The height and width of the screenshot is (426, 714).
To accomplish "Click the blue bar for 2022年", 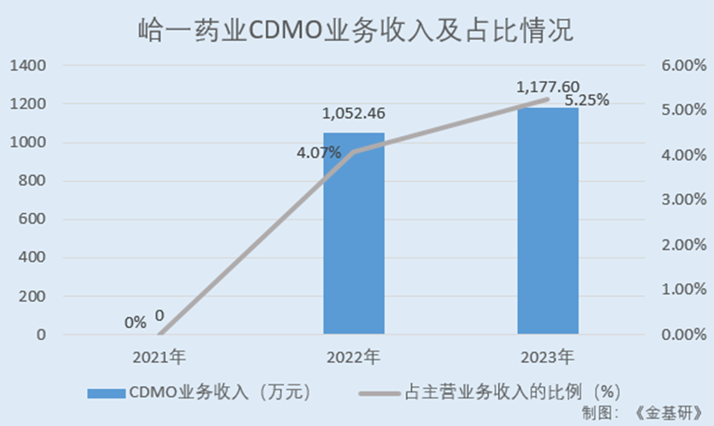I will (354, 234).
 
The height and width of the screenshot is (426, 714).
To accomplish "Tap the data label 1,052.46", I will (354, 114).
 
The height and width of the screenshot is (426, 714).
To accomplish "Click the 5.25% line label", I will (587, 100).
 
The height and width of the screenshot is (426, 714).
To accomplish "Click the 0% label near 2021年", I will (135, 323).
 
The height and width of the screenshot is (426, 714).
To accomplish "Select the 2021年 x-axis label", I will (159, 354).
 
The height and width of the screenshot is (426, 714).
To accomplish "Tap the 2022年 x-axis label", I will (354, 354).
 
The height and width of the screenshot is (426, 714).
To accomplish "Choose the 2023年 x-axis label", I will (548, 354).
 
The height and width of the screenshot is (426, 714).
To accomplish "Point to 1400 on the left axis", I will (29, 66).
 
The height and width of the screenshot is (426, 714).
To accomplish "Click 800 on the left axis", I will (33, 181).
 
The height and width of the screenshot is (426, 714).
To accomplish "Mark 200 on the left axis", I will (33, 296).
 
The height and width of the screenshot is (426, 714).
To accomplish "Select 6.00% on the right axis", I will (682, 66).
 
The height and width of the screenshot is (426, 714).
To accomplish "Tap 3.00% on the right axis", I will (682, 200).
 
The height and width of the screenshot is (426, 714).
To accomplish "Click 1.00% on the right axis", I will (682, 289).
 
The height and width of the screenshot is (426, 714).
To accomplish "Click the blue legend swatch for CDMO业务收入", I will (105, 393).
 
